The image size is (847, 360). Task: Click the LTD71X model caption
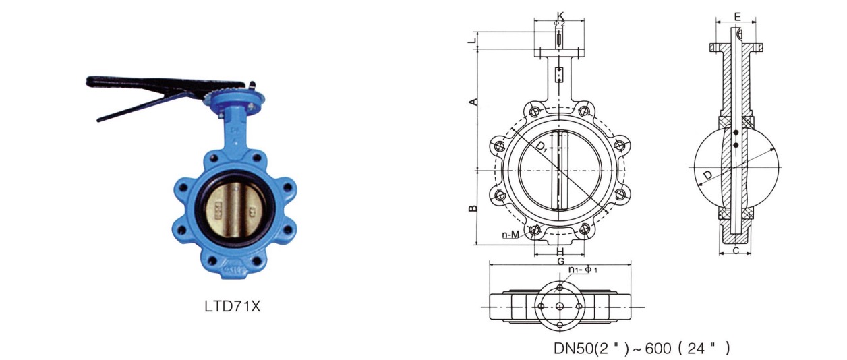pos(233,306)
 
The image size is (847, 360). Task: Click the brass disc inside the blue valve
pos(235,210)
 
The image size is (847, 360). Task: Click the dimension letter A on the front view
pos(473,101)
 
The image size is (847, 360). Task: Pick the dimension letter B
pos(473,208)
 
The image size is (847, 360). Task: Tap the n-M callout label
pos(510,235)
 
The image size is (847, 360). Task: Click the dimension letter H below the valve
pos(560,251)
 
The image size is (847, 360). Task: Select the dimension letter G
pos(560,261)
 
